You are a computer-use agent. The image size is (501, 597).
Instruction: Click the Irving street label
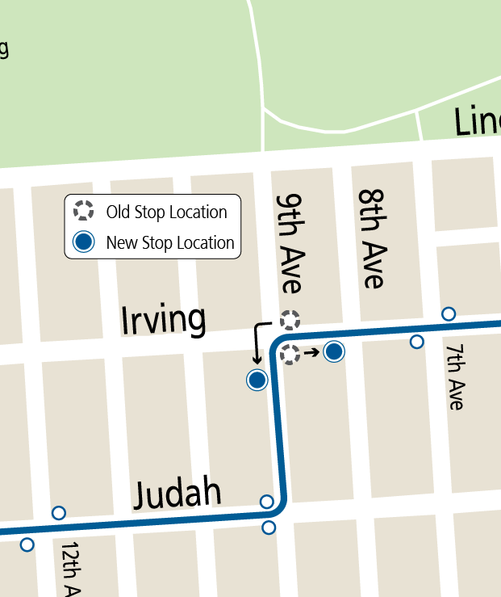click(163, 321)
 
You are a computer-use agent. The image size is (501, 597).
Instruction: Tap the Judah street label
click(177, 493)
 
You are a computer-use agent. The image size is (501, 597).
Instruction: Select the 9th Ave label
click(289, 243)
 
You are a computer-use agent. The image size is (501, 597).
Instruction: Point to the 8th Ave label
click(372, 238)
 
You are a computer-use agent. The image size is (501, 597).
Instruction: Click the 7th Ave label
click(456, 376)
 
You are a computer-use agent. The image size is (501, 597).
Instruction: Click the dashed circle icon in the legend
click(83, 212)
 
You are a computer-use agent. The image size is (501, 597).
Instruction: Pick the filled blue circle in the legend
click(83, 242)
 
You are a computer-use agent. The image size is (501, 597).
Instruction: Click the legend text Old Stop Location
click(166, 212)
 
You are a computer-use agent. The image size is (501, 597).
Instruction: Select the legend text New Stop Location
click(169, 242)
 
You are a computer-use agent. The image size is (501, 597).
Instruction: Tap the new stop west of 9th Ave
click(257, 380)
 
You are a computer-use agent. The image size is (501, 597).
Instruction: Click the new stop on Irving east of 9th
click(334, 351)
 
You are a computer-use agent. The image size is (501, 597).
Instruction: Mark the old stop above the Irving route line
click(290, 319)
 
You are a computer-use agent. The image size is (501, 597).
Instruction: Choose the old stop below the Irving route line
click(290, 353)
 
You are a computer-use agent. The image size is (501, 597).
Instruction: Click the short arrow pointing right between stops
click(311, 352)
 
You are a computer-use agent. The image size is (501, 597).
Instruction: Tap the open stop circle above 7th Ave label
click(449, 313)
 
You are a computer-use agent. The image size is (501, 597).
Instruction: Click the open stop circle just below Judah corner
click(269, 528)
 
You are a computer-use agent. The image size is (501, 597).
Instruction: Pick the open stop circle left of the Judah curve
click(267, 502)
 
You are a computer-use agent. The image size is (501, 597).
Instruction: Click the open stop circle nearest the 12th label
click(59, 512)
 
